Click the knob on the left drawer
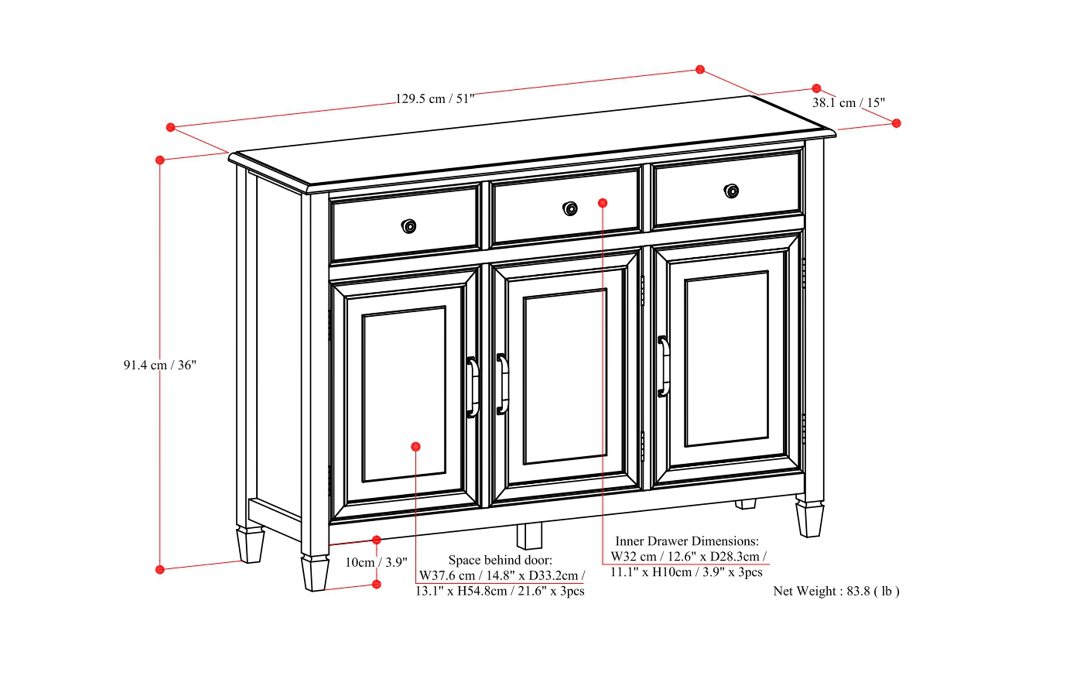(x=408, y=226)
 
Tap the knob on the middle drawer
(x=570, y=209)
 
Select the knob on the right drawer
(x=731, y=191)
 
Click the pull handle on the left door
(x=472, y=387)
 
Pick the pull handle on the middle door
(x=502, y=384)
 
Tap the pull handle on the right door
(x=663, y=366)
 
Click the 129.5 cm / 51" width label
(x=435, y=99)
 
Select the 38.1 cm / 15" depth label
(x=849, y=103)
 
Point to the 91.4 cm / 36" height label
(x=160, y=365)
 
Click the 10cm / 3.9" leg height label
(x=376, y=562)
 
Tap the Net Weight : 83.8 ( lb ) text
(x=836, y=591)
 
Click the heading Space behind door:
(x=500, y=560)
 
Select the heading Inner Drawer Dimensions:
(x=687, y=541)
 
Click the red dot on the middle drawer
(x=602, y=203)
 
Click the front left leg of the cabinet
(x=315, y=572)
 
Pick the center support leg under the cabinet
(x=529, y=536)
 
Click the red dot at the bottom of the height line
(x=160, y=570)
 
